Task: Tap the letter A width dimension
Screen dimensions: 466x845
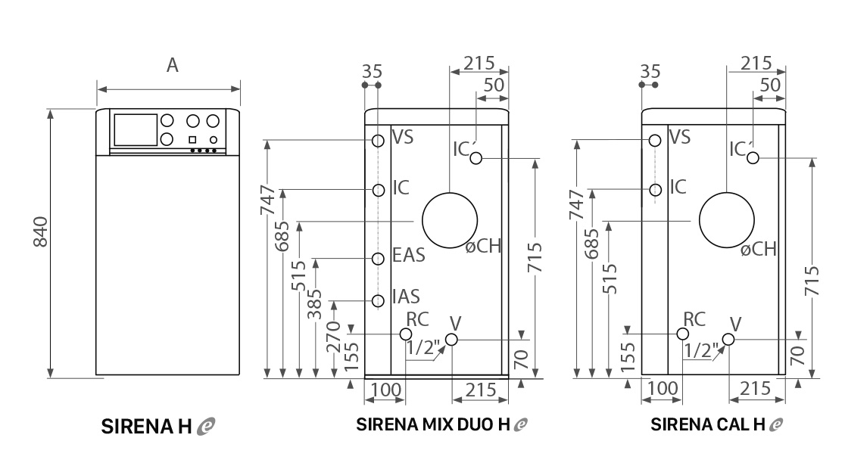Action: click(x=173, y=66)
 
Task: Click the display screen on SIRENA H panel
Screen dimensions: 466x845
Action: click(x=134, y=129)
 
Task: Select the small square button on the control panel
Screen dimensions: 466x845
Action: click(x=192, y=139)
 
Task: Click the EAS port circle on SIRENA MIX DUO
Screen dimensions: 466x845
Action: click(x=378, y=259)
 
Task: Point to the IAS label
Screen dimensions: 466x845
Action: click(x=406, y=296)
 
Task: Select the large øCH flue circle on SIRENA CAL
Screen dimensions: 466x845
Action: click(x=727, y=220)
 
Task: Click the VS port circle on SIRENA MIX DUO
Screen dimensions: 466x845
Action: click(x=378, y=141)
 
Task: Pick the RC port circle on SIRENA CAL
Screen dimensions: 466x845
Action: click(x=683, y=334)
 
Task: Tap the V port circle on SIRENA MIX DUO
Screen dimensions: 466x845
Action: click(x=452, y=340)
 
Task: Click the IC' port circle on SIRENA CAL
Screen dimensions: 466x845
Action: click(x=753, y=157)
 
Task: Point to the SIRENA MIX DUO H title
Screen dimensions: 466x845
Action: click(x=434, y=425)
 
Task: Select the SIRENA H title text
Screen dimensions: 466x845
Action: click(x=148, y=427)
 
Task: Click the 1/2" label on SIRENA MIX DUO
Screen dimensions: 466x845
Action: click(x=422, y=349)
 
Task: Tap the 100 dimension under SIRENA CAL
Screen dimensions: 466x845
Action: click(x=664, y=389)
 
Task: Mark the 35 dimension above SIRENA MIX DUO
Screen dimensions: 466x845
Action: click(x=372, y=72)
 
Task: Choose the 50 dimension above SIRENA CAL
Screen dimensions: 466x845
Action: click(x=770, y=85)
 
